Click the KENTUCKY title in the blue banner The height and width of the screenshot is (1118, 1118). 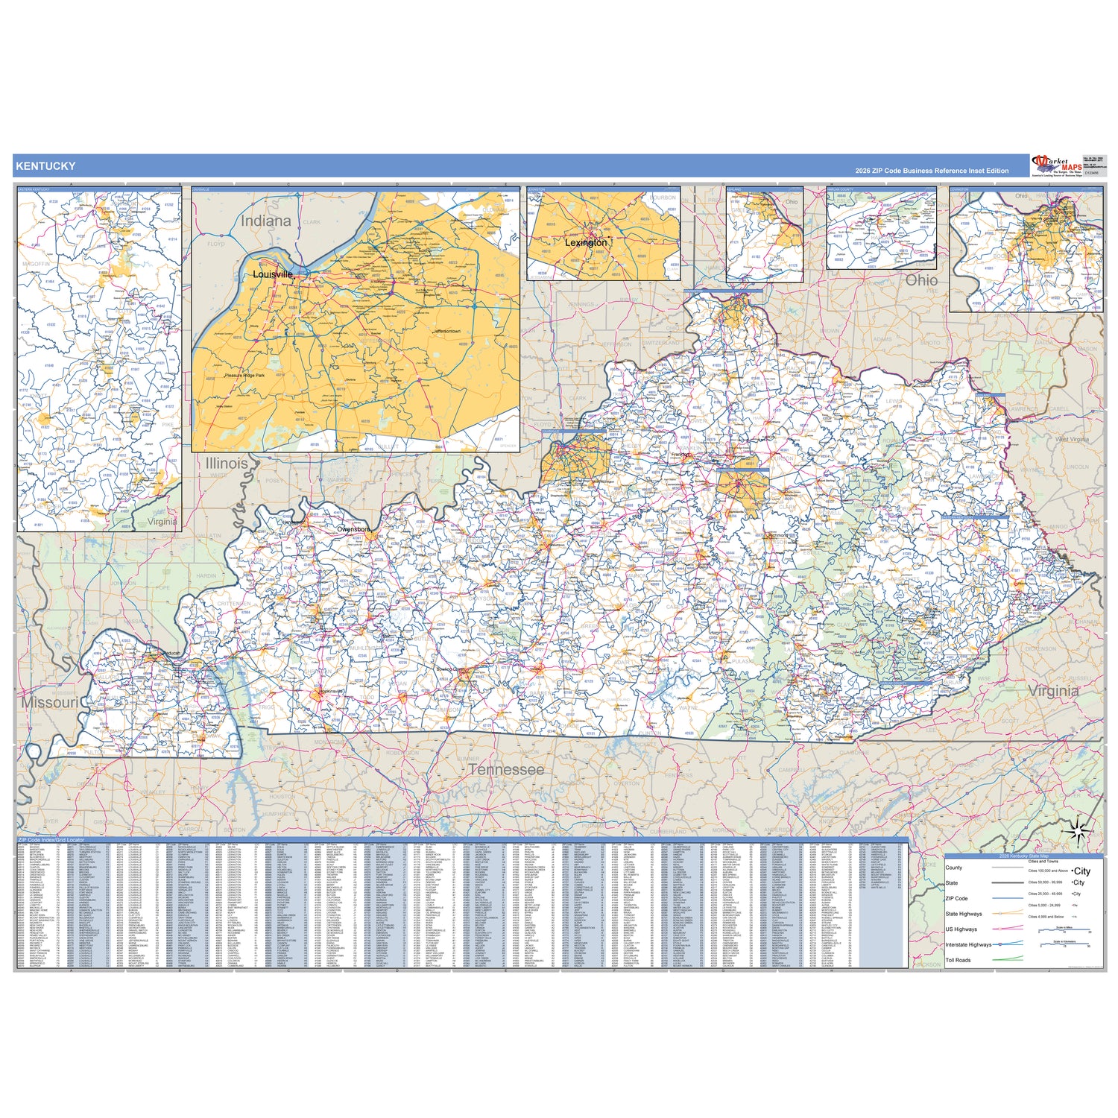coord(45,165)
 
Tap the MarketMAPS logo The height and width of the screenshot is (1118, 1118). coord(1056,165)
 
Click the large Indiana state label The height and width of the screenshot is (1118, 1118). coord(265,221)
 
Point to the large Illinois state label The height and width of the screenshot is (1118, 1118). coord(227,463)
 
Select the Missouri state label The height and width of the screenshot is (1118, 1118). coord(49,702)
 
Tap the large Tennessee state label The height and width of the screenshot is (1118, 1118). coord(506,769)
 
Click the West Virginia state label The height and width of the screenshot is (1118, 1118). coord(1072,439)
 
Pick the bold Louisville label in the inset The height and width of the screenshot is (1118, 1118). coord(273,274)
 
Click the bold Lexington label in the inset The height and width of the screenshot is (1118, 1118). coord(586,242)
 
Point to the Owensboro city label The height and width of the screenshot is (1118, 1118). coord(353,529)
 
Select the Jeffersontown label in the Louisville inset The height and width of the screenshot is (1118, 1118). coord(447,331)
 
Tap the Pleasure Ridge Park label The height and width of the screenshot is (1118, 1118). coord(244,375)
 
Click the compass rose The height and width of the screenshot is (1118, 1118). coord(1079,830)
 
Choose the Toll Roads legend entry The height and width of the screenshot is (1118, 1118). coord(958,960)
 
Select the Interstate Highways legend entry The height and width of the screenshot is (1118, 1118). coord(968,944)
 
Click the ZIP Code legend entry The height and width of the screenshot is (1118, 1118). coord(956,898)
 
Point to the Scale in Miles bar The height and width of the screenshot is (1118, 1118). coord(1064,930)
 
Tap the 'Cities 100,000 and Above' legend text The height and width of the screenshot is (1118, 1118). coord(1048,871)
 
